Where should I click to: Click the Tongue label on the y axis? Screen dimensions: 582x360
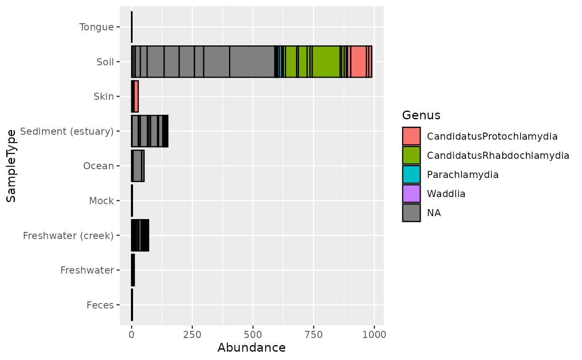pos(96,27)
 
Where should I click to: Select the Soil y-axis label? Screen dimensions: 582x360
pos(105,62)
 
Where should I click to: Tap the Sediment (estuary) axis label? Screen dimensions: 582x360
pos(67,131)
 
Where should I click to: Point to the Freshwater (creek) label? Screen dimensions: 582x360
pos(68,236)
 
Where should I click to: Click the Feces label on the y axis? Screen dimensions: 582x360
pos(100,305)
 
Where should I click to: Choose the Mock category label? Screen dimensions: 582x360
pos(101,201)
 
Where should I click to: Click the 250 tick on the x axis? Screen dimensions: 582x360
pos(192,335)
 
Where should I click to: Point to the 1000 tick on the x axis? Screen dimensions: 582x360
pos(374,335)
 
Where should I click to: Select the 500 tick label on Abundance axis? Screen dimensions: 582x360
pos(253,335)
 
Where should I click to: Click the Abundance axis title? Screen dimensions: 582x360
pos(252,348)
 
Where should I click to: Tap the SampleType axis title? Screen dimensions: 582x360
pos(11,166)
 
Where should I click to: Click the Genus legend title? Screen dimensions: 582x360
pos(421,115)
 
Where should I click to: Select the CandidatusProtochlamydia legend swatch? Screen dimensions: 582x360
pos(411,136)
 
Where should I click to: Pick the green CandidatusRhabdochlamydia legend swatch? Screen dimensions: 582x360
pos(411,155)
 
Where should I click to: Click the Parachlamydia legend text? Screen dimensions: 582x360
pos(463,175)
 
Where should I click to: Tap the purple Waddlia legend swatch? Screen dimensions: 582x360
pos(411,193)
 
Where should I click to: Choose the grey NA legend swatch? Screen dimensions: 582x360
pos(411,213)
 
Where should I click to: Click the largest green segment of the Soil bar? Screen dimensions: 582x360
pos(326,62)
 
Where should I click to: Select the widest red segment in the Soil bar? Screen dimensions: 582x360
pos(358,62)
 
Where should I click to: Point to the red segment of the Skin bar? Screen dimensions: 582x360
pos(136,96)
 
